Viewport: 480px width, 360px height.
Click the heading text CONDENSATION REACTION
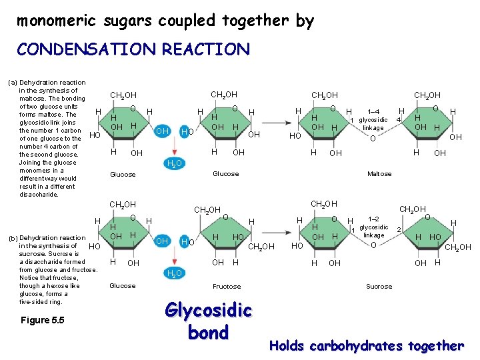pyautogui.click(x=133, y=49)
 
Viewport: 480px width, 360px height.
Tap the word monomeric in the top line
pyautogui.click(x=58, y=21)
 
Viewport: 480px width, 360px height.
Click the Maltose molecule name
pyautogui.click(x=379, y=174)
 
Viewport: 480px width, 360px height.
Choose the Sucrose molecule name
pyautogui.click(x=379, y=286)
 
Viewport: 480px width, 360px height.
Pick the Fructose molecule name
pyautogui.click(x=227, y=286)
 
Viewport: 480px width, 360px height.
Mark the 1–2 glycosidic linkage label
pyautogui.click(x=373, y=227)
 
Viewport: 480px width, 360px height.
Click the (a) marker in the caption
pyautogui.click(x=12, y=83)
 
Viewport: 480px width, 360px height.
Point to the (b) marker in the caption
pyautogui.click(x=12, y=238)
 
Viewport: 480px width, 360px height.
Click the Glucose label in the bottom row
pyautogui.click(x=122, y=286)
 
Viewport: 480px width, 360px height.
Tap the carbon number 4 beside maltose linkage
pyautogui.click(x=397, y=120)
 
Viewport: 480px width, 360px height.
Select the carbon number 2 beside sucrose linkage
pyautogui.click(x=398, y=229)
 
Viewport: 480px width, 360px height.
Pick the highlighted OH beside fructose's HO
pyautogui.click(x=161, y=241)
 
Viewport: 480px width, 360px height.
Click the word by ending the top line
pyautogui.click(x=304, y=21)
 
